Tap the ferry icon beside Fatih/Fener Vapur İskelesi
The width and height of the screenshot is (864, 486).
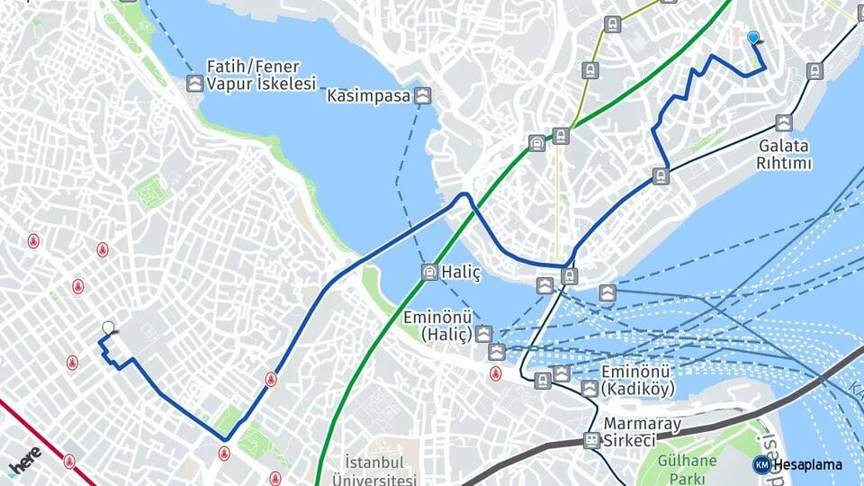[195, 84]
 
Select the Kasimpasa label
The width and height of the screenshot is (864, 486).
[369, 94]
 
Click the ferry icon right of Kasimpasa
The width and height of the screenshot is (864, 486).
[422, 94]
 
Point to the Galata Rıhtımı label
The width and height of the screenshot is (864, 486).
[784, 154]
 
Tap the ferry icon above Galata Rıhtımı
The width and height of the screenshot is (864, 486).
[784, 123]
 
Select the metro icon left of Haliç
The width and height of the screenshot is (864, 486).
[430, 272]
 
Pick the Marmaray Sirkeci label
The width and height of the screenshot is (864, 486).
[642, 431]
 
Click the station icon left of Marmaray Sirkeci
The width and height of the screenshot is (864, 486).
[591, 440]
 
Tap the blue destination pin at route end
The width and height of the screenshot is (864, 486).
[753, 38]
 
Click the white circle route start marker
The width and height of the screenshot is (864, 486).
[108, 328]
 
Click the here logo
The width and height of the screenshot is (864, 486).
[24, 462]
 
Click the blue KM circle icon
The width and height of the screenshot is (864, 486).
[762, 464]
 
